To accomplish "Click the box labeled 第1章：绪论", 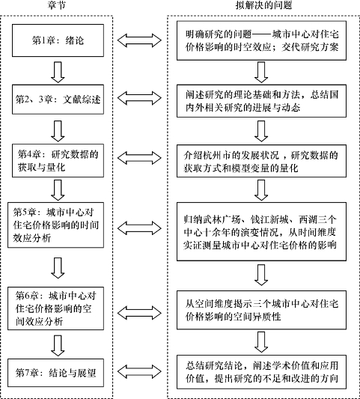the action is [58, 40].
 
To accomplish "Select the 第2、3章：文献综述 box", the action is [58, 100].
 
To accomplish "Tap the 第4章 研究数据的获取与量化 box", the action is [58, 160].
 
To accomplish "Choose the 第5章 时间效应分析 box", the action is [55, 225].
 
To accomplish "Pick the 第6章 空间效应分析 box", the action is [55, 308].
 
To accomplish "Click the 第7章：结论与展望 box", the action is [55, 373].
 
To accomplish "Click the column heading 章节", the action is [56, 5].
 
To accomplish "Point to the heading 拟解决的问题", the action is [263, 5].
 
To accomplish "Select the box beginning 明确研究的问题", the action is [261, 40].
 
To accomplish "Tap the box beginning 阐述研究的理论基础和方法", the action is [261, 101].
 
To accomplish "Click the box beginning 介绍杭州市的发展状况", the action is [261, 161].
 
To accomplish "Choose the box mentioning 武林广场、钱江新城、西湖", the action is [261, 231].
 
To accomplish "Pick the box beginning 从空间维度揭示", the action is [261, 310].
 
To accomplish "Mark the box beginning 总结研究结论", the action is [261, 372].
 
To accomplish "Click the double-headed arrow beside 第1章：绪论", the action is [139, 40].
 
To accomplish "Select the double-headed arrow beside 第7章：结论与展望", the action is [139, 372].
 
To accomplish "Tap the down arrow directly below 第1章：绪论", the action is [58, 73].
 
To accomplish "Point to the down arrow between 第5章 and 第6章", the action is [58, 268].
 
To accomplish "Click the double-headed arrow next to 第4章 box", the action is [139, 158].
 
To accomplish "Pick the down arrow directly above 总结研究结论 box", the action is [261, 342].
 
